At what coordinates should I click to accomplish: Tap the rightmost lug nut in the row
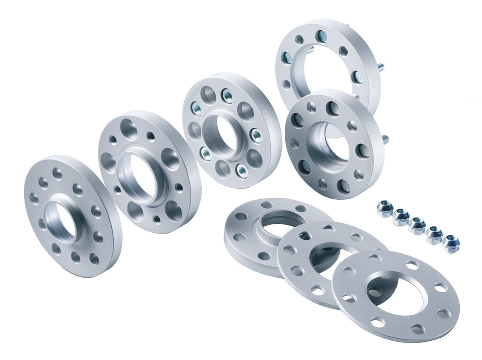point(451,243)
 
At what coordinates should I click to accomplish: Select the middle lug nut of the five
point(417,226)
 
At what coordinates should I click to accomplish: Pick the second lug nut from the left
point(401,217)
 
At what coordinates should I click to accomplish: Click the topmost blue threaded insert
point(227,96)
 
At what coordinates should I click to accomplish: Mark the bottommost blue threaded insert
point(241,169)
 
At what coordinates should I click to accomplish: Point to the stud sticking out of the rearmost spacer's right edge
point(382,67)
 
